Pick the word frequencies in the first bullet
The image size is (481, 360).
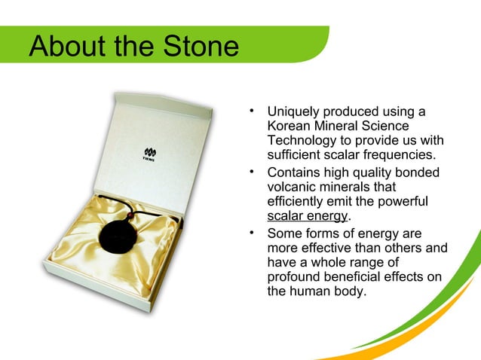tap(400, 156)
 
